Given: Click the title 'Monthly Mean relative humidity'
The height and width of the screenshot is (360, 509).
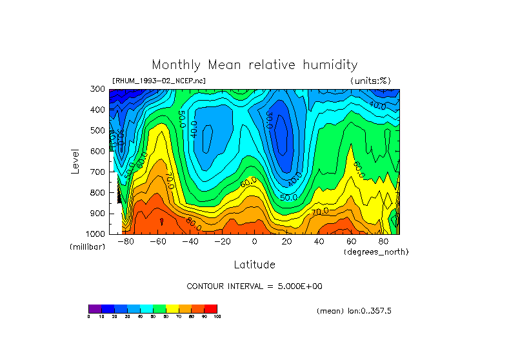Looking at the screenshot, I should (x=254, y=65).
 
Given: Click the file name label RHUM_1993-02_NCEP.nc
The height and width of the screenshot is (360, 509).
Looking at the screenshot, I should (x=159, y=81).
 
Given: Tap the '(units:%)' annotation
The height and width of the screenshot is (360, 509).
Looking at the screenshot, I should (x=370, y=81).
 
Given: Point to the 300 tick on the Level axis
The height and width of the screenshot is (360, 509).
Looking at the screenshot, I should (x=99, y=90).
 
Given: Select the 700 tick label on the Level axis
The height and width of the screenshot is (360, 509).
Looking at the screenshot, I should (x=99, y=172).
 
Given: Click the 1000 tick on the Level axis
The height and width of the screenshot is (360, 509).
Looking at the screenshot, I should (x=96, y=234).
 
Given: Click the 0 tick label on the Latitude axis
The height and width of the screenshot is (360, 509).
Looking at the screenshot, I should (x=254, y=241).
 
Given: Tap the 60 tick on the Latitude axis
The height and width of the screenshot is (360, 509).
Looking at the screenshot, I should (x=351, y=241).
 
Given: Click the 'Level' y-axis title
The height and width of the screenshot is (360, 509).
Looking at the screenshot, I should (x=75, y=161).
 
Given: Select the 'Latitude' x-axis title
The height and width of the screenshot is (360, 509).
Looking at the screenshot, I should (x=254, y=265).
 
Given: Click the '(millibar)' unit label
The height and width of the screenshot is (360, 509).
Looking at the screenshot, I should (x=86, y=247).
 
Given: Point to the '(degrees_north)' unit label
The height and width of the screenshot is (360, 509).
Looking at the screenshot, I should (x=375, y=252).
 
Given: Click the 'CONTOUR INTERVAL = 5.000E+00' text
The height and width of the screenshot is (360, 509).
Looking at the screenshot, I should (x=254, y=286).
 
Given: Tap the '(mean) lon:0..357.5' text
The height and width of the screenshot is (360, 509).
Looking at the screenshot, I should (x=354, y=311).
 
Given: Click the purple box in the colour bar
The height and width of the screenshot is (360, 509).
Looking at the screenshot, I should (x=95, y=308).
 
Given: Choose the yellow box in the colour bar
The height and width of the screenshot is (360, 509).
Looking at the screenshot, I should (x=172, y=308).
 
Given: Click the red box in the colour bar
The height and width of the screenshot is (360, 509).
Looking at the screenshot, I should (x=211, y=308).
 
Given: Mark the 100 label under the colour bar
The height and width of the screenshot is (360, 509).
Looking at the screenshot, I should (x=217, y=317).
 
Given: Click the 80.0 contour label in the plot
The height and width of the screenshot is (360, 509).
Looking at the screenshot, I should (x=193, y=226).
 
